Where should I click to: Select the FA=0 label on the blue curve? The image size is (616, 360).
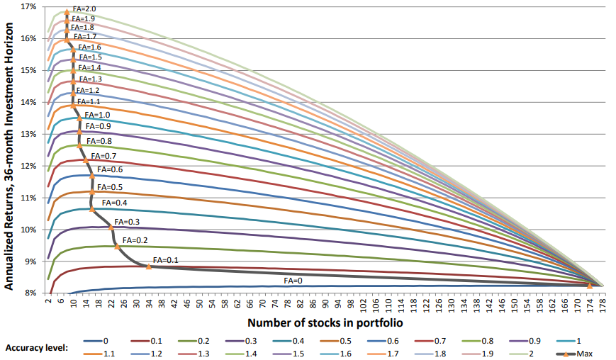click(293, 281)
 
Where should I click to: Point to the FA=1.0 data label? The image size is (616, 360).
click(97, 115)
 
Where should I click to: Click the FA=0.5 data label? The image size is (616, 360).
click(109, 187)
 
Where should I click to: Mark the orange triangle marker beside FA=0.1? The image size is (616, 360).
click(148, 266)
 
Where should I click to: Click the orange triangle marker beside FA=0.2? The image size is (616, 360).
click(117, 246)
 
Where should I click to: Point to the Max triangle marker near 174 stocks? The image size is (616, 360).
click(589, 285)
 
